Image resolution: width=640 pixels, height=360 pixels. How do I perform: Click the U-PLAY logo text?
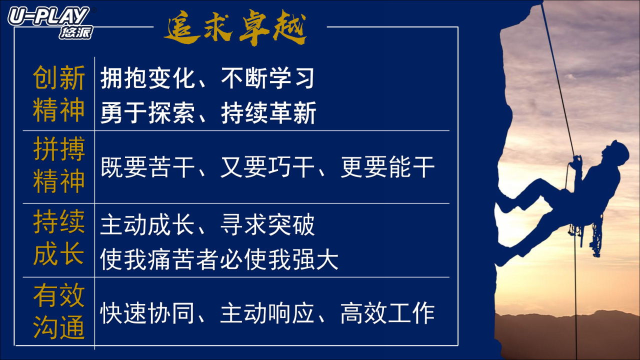coord(48,16)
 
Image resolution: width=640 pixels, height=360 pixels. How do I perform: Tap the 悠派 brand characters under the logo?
coord(76,32)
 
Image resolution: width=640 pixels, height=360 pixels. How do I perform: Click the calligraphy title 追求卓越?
coord(235,27)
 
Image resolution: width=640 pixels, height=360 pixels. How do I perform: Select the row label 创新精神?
coord(59,93)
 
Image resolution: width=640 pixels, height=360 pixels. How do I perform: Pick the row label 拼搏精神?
coord(59,164)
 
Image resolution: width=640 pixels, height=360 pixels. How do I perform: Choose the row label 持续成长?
coord(59,237)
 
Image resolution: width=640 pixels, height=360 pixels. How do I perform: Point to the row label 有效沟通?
coord(59,311)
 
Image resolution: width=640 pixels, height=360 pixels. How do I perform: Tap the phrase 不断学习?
coord(267,78)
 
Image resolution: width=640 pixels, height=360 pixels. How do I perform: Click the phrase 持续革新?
coord(268,113)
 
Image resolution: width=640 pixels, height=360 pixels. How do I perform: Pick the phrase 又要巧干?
coord(267,167)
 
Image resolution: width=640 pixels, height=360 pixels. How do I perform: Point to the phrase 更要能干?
coord(387,167)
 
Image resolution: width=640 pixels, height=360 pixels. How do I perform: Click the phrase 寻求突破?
coord(267,225)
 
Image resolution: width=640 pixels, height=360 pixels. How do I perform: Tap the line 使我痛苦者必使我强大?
coord(219,259)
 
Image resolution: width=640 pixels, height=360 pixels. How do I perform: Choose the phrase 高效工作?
coord(387,313)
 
